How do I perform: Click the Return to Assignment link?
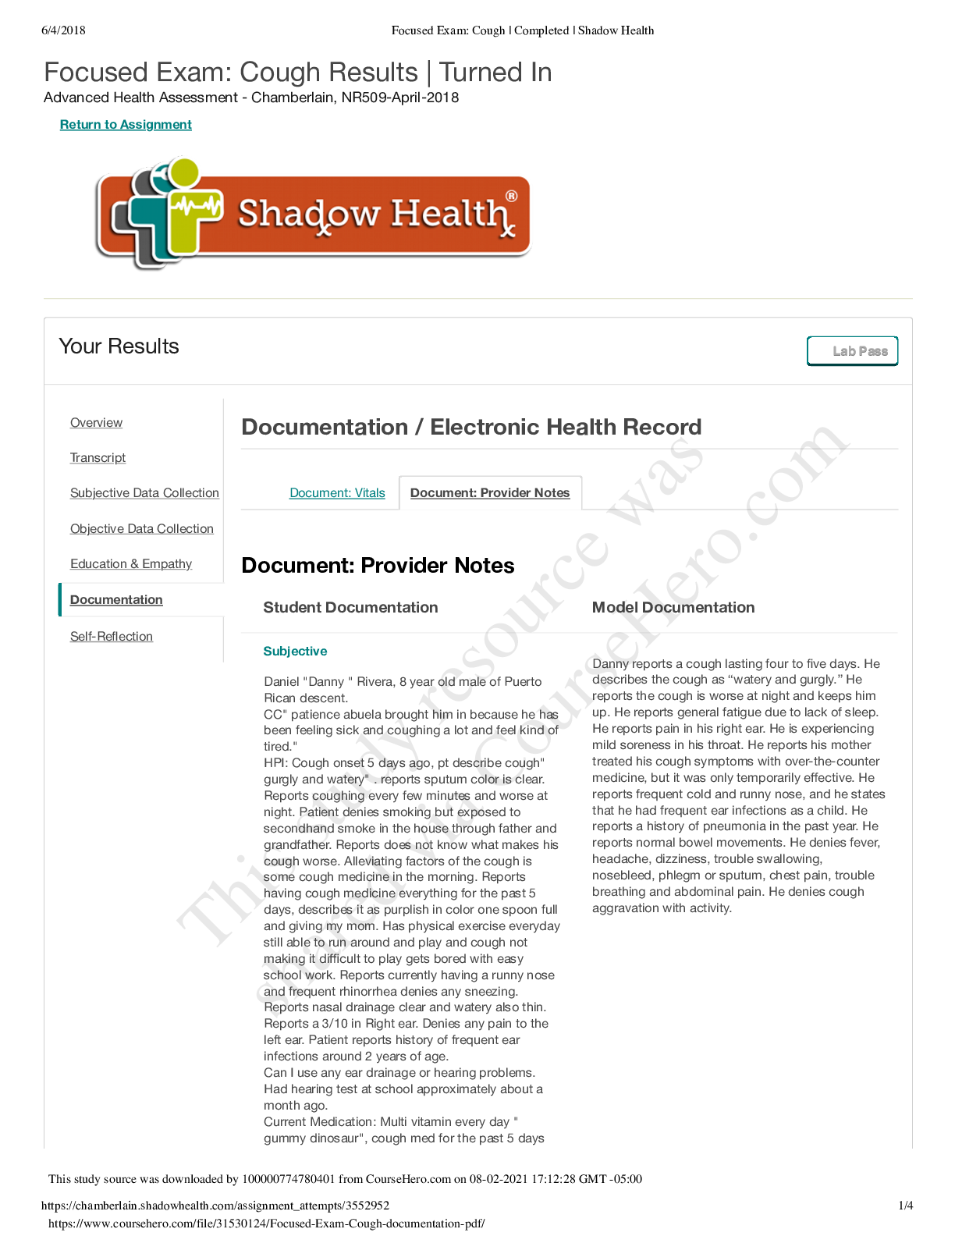pos(126,125)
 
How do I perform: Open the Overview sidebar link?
pos(96,423)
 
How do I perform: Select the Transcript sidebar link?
pos(98,458)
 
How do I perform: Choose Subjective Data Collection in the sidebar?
pos(144,493)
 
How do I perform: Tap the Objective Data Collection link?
pos(141,529)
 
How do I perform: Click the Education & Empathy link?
pos(130,564)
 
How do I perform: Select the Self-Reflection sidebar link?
pos(111,637)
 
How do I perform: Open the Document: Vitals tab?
pos(337,493)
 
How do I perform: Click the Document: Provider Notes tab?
pos(490,493)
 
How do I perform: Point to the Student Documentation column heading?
pos(350,608)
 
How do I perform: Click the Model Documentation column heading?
pos(673,608)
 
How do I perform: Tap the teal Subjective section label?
pos(295,652)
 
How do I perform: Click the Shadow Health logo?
pos(312,213)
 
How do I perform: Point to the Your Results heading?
pos(119,346)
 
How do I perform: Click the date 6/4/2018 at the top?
pos(63,30)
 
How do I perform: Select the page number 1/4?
pos(905,1206)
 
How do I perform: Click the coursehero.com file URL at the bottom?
pos(266,1224)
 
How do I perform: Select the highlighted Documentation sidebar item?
pos(116,600)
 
